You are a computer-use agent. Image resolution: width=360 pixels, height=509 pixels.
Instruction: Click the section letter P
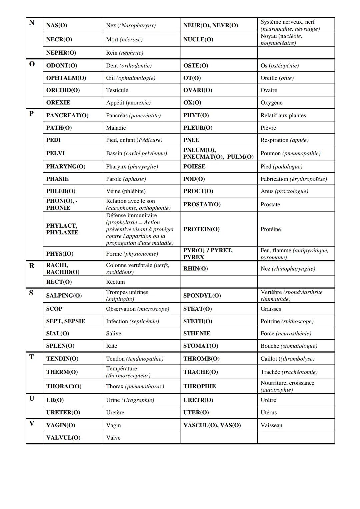[x=31, y=114]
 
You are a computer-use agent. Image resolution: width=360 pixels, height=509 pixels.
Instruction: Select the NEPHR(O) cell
[x=61, y=53]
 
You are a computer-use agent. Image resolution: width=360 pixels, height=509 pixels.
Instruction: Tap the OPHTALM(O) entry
[x=66, y=78]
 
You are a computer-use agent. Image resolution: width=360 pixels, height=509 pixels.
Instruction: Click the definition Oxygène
[x=271, y=103]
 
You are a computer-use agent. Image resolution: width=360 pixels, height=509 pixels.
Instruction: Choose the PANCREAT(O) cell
[x=67, y=115]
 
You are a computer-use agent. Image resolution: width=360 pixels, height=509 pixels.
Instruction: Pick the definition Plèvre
[x=268, y=128]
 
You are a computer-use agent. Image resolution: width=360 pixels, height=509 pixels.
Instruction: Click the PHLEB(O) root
[x=61, y=191]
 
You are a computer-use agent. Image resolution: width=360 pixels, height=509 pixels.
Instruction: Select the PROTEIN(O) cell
[x=201, y=229]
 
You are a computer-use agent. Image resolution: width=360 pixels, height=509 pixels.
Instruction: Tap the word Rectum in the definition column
[x=115, y=282]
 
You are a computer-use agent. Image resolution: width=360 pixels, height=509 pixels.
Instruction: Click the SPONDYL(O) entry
[x=202, y=296]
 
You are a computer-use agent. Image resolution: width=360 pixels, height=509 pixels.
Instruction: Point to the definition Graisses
[x=271, y=309]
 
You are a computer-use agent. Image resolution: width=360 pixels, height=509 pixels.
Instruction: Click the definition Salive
[x=113, y=333]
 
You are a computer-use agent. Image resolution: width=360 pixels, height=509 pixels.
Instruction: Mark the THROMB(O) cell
[x=201, y=359]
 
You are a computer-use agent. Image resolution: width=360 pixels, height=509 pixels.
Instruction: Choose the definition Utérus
[x=269, y=412]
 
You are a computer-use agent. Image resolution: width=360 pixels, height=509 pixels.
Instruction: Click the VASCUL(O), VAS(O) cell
[x=212, y=425]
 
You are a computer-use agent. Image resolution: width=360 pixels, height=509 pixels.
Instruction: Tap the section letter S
[x=31, y=293]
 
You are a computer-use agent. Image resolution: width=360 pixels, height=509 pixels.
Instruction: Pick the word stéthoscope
[x=297, y=321]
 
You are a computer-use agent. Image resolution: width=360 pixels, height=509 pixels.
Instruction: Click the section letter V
[x=32, y=423]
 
